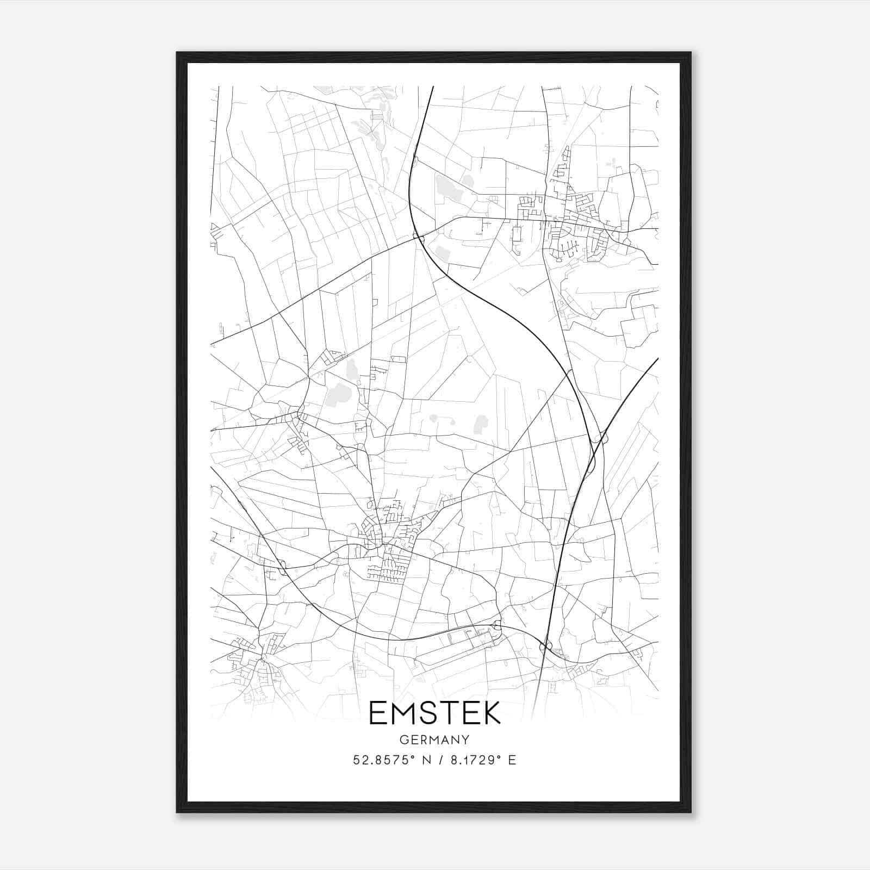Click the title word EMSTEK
434,713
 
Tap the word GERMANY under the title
434,740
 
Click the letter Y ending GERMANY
465,740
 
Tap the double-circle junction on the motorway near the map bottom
545,647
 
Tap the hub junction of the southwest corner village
263,659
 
